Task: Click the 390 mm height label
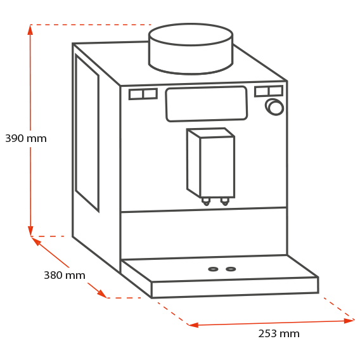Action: (x=26, y=138)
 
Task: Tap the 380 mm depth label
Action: (x=65, y=275)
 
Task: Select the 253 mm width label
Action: (x=279, y=333)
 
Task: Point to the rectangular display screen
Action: (x=207, y=103)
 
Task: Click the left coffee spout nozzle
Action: (x=206, y=202)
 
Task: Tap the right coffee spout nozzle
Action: (x=224, y=202)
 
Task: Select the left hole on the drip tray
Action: (x=213, y=269)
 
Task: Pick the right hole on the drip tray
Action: (x=231, y=269)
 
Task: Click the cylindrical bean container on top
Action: (x=191, y=49)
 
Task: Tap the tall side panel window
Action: (x=87, y=133)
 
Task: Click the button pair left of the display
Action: (x=143, y=94)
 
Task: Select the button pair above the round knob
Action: (x=269, y=91)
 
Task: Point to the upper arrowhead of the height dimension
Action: (x=30, y=30)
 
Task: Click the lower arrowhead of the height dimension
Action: (x=30, y=231)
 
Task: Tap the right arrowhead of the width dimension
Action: (x=349, y=321)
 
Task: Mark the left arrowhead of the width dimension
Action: (x=193, y=325)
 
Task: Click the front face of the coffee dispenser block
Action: (x=217, y=167)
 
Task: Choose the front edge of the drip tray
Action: (x=235, y=288)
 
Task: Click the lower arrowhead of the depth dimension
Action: (x=101, y=294)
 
